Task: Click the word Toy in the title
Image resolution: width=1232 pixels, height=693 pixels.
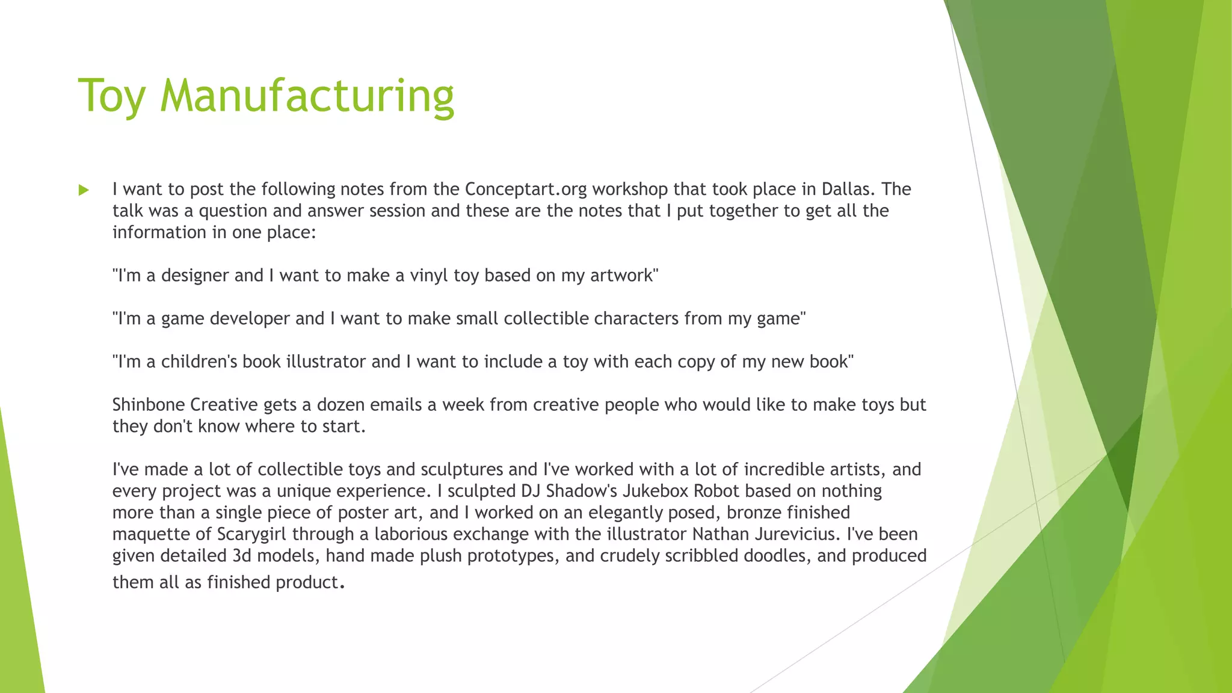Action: coord(112,96)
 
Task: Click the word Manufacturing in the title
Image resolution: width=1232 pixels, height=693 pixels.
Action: coord(307,96)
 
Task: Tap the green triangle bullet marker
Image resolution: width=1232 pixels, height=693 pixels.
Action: coord(84,191)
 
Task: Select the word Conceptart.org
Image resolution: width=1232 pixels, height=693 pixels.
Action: coord(526,189)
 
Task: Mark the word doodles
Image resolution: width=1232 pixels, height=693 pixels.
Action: coord(775,556)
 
